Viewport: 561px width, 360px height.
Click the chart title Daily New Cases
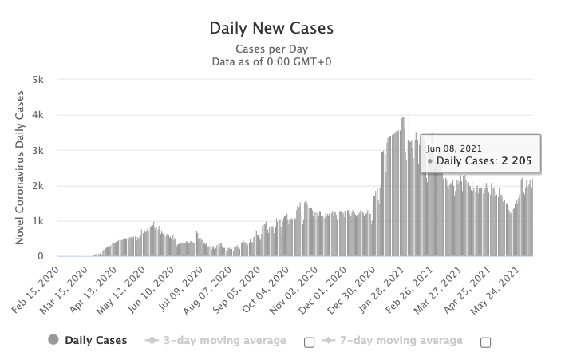coord(271,29)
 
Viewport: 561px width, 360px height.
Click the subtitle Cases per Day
coord(271,49)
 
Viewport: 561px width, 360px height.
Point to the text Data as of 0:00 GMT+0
coord(271,61)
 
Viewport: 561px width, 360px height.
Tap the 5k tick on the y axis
coord(38,80)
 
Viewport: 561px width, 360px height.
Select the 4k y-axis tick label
coord(38,115)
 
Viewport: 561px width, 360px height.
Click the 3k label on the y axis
coord(38,150)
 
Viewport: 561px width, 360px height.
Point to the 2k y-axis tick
coord(38,185)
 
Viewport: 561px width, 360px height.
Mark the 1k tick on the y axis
coord(38,221)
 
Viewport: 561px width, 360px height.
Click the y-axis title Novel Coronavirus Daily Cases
coord(20,168)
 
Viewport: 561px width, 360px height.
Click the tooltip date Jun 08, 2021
coord(455,148)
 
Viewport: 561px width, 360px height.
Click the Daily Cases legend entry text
coord(97,341)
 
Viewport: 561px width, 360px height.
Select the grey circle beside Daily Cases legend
coord(53,341)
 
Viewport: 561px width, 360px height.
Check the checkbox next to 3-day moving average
coord(309,342)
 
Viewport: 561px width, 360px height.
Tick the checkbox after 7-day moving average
coord(485,342)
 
